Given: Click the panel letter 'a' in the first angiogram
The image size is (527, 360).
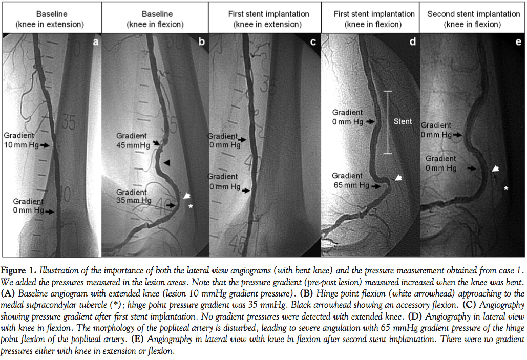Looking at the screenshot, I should [x=95, y=43].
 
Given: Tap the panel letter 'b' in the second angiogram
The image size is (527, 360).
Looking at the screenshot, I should [x=201, y=43].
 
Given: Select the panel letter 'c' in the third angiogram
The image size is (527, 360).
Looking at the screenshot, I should [x=313, y=43].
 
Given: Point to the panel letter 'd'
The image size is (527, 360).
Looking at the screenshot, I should [x=412, y=43].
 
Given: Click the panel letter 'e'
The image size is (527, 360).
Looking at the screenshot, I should [x=518, y=43].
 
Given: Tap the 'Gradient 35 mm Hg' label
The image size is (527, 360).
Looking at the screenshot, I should [x=134, y=197].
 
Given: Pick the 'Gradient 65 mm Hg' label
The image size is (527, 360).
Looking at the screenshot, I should [x=351, y=180].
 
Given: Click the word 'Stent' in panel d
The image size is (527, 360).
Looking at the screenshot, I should [x=403, y=122].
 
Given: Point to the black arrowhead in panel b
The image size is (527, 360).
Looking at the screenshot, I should [x=168, y=162].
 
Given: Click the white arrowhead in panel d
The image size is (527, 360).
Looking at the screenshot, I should [x=398, y=178].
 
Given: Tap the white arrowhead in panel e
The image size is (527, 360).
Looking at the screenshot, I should [x=496, y=168].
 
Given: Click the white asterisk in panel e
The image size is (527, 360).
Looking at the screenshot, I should [x=506, y=189].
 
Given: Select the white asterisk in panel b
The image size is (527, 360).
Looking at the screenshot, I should [x=191, y=206].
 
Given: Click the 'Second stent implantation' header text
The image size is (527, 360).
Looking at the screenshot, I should [x=473, y=14].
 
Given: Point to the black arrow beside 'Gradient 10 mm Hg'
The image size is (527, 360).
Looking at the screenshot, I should [x=46, y=145].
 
